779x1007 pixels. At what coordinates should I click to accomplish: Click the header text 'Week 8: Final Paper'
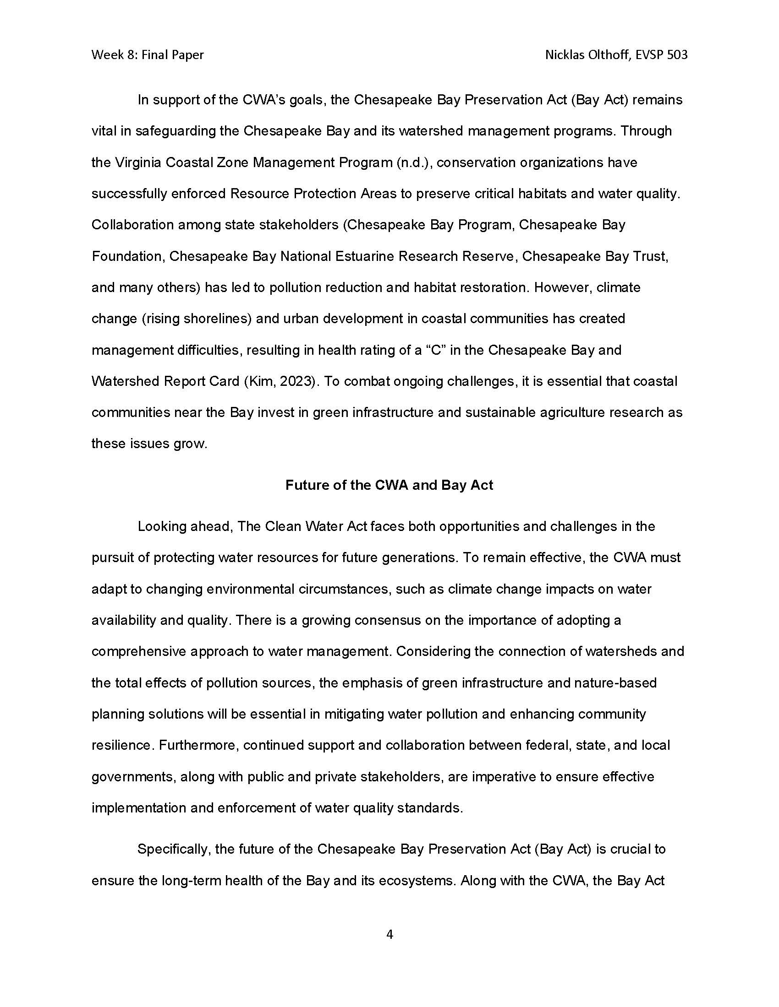tap(147, 55)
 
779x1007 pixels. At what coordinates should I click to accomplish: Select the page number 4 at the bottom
tap(389, 935)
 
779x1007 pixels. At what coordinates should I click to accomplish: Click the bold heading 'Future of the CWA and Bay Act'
tap(389, 485)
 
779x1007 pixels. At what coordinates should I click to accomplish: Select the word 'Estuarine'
tap(365, 256)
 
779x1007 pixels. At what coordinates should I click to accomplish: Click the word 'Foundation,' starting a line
tap(128, 256)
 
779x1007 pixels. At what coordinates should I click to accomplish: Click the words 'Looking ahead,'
tap(185, 526)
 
